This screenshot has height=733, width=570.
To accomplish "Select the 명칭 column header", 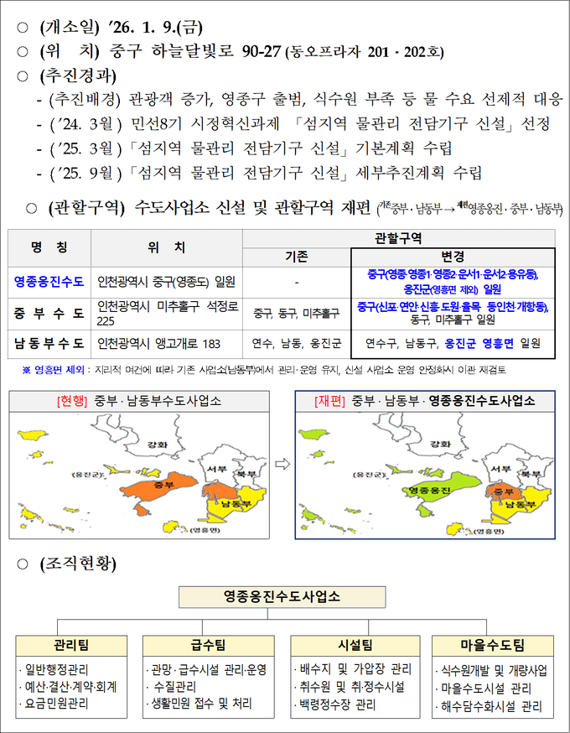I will point(49,248).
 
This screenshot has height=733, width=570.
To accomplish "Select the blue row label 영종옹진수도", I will point(49,281).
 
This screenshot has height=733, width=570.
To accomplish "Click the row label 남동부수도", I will point(49,343).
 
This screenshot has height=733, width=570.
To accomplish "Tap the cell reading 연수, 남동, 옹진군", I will point(297,343).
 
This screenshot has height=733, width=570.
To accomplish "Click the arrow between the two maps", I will point(282,463).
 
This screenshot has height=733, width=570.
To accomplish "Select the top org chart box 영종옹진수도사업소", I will point(282,597).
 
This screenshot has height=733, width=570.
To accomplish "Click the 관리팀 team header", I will point(70,645).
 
